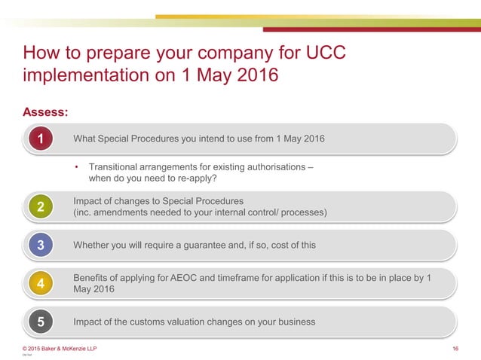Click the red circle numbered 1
41,139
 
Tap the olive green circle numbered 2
41,207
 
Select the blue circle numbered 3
41,245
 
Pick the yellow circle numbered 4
41,284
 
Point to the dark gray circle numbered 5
41,322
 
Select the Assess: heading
46,112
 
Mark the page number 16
455,348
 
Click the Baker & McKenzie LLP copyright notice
60,348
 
